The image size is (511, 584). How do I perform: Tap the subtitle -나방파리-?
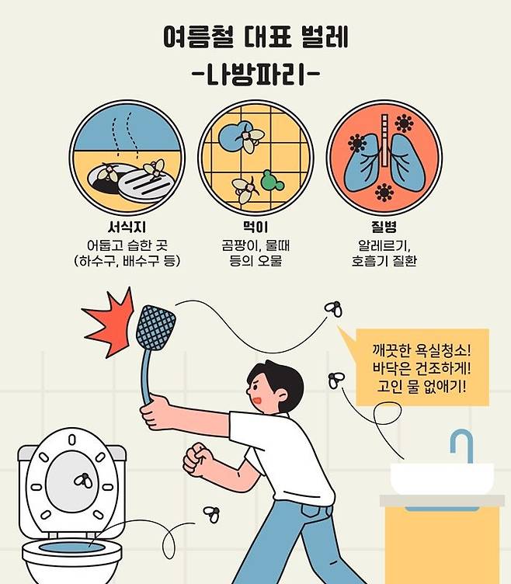point(255,76)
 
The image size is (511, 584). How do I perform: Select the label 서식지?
point(127,228)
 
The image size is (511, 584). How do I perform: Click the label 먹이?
point(255,228)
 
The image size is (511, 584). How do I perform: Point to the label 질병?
point(383,228)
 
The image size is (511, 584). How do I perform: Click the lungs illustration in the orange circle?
point(383,162)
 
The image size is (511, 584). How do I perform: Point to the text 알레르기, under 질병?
point(383,245)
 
